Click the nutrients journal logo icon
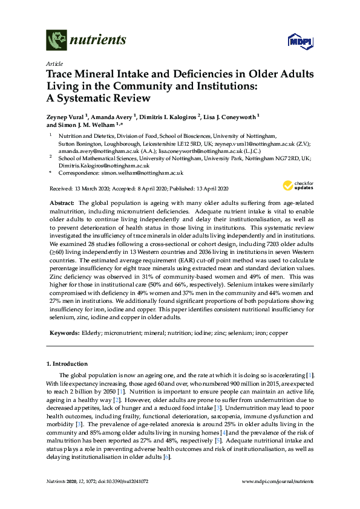(x=56, y=42)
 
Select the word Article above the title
(x=54, y=63)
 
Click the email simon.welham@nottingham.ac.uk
(x=134, y=173)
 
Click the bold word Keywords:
(x=64, y=333)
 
